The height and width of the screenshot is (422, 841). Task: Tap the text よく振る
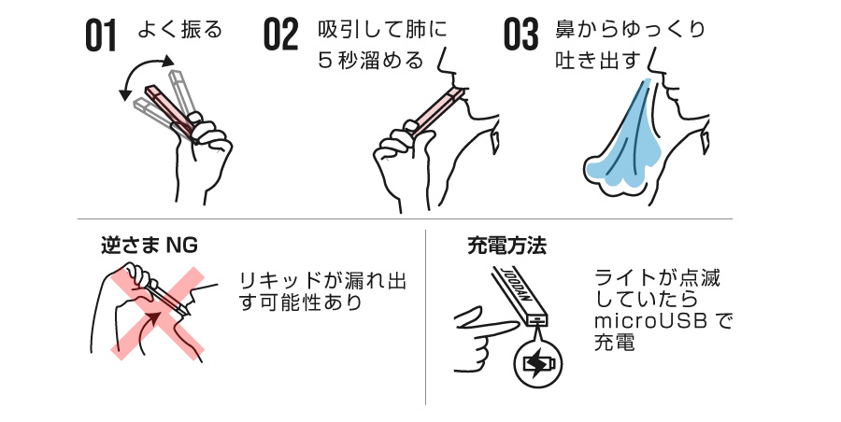click(179, 30)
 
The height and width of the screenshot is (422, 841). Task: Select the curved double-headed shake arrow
click(146, 75)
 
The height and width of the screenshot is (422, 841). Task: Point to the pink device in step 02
click(430, 112)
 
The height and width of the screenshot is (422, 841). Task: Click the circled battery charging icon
click(539, 364)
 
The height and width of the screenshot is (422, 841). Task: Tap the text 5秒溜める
click(370, 61)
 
